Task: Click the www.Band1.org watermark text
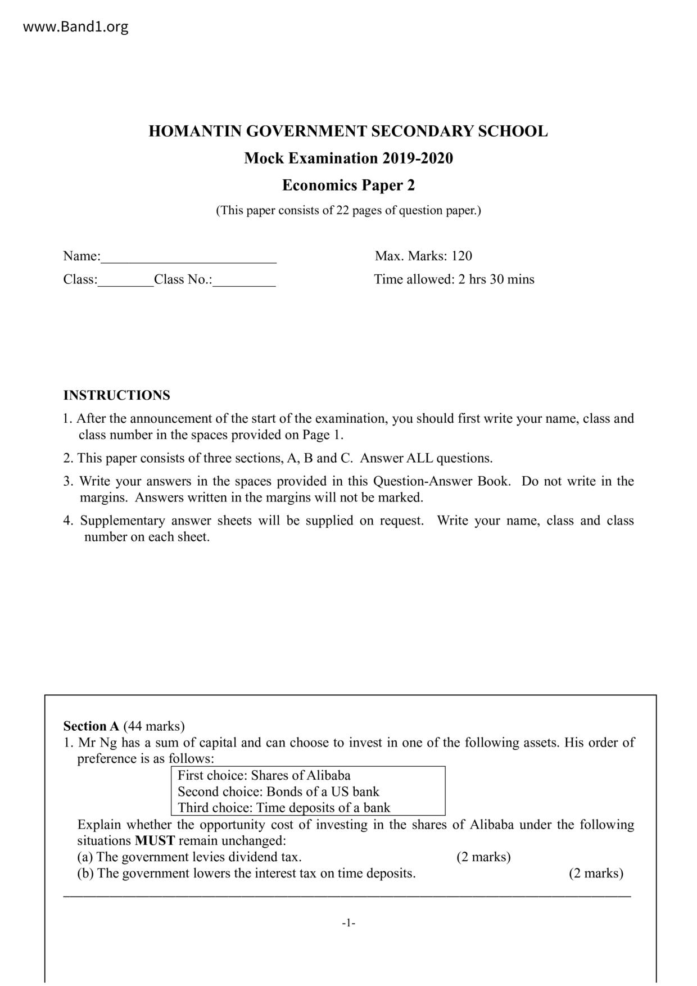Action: click(75, 26)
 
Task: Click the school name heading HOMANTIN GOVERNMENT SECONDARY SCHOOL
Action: click(348, 132)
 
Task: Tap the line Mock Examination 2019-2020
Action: click(348, 159)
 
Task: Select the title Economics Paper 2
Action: click(348, 186)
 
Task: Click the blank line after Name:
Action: click(188, 257)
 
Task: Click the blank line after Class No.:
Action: click(244, 281)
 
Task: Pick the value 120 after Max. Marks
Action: click(461, 256)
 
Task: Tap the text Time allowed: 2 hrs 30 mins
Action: click(454, 279)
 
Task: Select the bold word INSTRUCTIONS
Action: click(116, 396)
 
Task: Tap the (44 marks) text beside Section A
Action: click(153, 726)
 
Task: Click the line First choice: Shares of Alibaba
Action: click(264, 776)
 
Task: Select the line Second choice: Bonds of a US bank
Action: click(278, 792)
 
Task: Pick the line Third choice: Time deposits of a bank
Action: click(284, 808)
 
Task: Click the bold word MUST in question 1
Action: click(155, 841)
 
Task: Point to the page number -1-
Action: click(348, 923)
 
